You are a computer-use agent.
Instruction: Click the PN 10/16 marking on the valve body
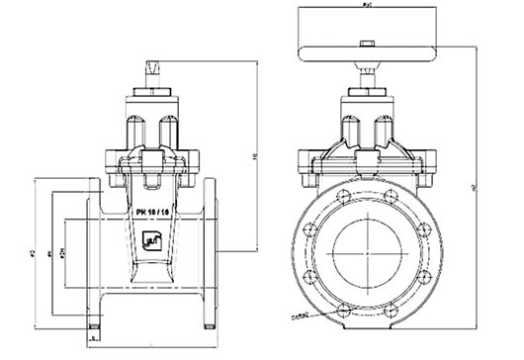click(151, 212)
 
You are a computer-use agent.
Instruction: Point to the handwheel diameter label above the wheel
click(367, 8)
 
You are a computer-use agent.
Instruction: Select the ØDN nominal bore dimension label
click(62, 253)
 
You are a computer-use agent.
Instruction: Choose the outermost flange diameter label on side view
click(33, 253)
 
